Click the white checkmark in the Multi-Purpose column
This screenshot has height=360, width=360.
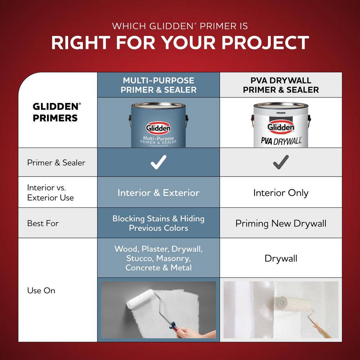tap(158, 162)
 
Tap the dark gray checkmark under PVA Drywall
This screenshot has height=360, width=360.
tap(281, 162)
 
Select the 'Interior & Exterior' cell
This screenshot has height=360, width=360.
tap(158, 193)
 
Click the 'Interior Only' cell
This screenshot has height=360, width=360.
tap(281, 193)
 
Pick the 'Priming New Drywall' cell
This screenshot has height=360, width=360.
tap(281, 223)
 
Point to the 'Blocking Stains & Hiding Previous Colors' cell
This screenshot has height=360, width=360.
tap(158, 223)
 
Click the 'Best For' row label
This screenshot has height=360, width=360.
tap(43, 223)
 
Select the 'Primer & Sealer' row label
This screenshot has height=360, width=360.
tap(56, 162)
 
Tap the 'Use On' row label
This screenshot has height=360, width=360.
tap(41, 290)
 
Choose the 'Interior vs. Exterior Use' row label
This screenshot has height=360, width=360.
tap(50, 193)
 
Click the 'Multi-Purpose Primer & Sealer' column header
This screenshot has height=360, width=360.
tap(158, 85)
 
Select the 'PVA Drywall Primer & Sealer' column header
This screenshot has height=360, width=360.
tap(281, 85)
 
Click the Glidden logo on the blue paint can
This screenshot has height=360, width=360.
tap(158, 128)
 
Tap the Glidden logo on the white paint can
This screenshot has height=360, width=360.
tap(281, 127)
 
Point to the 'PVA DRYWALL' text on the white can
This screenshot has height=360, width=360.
tap(281, 140)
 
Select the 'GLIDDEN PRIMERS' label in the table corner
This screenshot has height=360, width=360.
tap(55, 112)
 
